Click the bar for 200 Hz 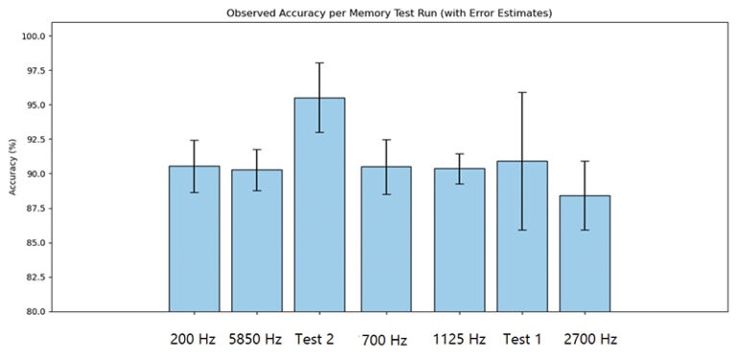point(194,239)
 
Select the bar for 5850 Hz point(257,241)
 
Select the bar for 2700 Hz point(584,253)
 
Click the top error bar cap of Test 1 point(522,92)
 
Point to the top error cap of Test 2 point(320,63)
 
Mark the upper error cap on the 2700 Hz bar point(584,161)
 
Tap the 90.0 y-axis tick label point(36,174)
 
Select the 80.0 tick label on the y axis point(36,311)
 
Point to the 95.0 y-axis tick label point(36,105)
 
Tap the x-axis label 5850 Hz point(256,340)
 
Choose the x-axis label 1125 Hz point(459,340)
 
